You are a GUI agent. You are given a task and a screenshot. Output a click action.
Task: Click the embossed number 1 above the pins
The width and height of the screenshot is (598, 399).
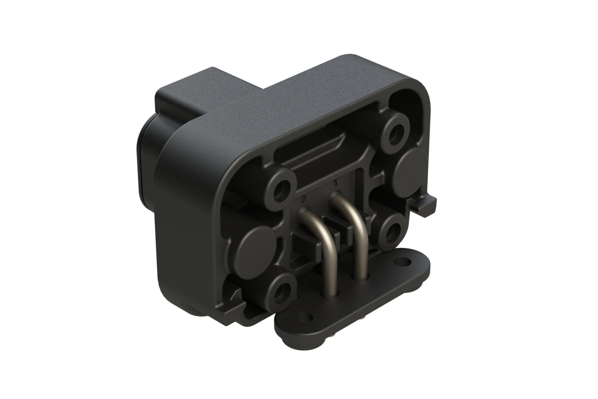coord(336,183)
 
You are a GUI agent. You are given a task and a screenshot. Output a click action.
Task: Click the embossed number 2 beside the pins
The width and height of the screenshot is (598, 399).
coord(304,199)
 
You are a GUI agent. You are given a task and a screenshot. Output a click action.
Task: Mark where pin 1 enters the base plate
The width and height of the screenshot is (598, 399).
coord(358,277)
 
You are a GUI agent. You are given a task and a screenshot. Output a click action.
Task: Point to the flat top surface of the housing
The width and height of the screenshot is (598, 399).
coord(290,95)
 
